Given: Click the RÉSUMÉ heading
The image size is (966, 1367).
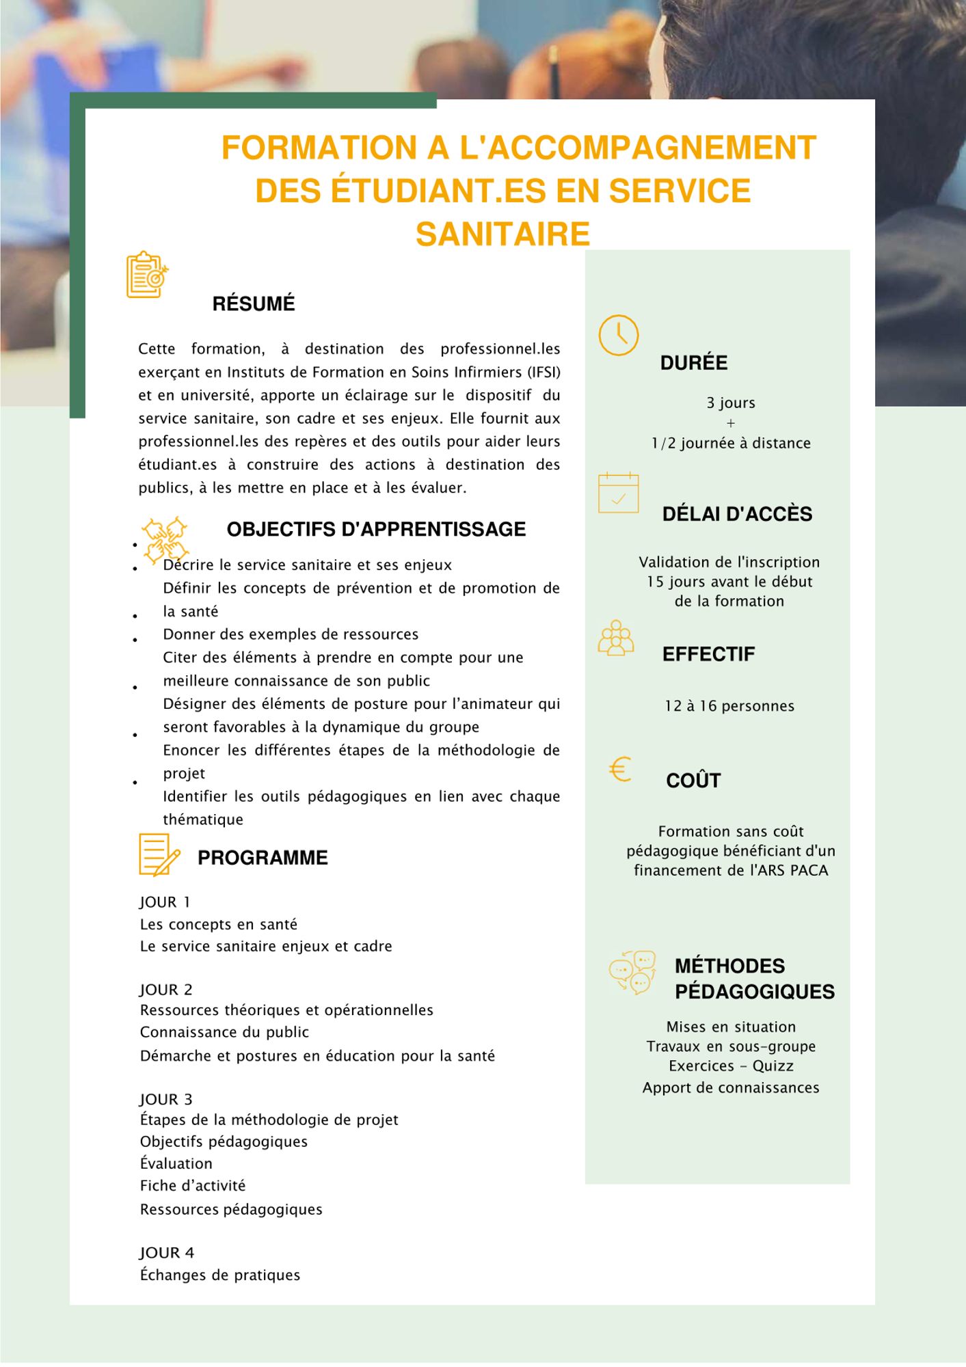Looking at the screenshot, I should coord(253,304).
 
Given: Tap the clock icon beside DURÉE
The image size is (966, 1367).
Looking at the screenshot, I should coord(618,335).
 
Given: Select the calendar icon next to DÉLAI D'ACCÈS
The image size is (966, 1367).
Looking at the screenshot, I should coord(618,493).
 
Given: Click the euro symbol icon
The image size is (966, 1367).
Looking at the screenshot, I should coord(620,770).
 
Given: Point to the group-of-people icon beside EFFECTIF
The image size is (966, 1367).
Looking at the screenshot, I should coord(616,638).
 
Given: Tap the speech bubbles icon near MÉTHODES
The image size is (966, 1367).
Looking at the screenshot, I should coord(632,971).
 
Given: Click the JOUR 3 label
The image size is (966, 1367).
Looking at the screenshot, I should coord(166,1099).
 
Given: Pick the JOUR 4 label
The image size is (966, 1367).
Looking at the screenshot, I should coord(167,1253).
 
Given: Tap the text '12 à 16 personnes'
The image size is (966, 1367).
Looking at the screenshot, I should coord(729,706).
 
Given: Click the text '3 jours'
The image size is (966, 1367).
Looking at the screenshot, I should coord(731,403).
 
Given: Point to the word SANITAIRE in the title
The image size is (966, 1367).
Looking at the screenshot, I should coord(502,234).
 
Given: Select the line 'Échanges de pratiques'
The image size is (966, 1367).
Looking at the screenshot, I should coord(220,1275).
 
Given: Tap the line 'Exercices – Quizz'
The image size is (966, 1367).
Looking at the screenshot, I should coord(731,1066).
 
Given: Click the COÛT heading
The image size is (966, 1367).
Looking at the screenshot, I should coord(693,781).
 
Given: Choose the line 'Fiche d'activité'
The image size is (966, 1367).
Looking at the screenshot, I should coord(193,1186).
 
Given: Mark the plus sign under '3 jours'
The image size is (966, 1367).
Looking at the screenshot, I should coord(731,423).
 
